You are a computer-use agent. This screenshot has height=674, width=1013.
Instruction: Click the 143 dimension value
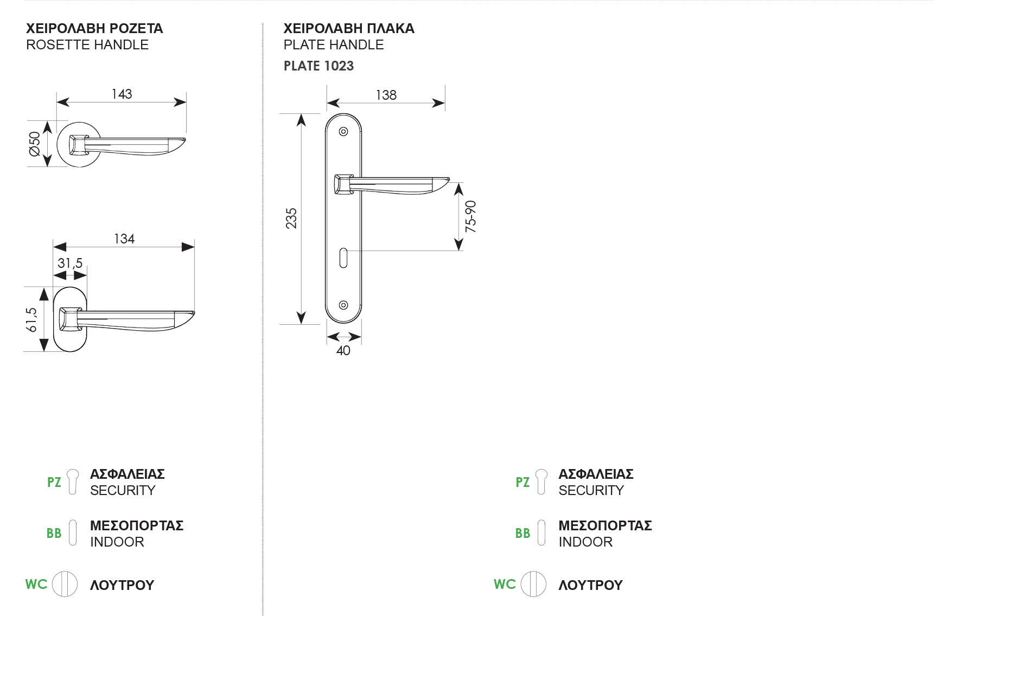[x=122, y=94]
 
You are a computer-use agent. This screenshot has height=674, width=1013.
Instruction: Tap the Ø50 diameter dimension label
[x=35, y=143]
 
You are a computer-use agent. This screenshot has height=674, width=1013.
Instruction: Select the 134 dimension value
[x=124, y=239]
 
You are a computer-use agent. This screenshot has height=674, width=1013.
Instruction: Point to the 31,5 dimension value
[x=70, y=264]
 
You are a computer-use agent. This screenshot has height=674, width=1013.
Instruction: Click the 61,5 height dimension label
[x=31, y=320]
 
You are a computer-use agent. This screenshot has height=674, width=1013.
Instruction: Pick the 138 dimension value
[x=386, y=95]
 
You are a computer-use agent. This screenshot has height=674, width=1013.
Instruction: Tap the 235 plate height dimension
[x=291, y=218]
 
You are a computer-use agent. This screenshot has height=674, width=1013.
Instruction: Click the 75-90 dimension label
[x=470, y=217]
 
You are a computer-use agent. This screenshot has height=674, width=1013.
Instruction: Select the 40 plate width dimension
[x=343, y=351]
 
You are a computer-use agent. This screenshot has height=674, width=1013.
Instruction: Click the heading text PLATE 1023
[x=318, y=66]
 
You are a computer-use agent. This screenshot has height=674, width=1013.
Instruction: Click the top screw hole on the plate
[x=343, y=131]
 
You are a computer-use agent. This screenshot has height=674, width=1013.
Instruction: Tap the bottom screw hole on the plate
[x=343, y=305]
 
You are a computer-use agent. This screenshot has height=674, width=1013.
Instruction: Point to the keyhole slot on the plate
[x=343, y=258]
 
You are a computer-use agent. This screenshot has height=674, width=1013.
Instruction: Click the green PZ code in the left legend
[x=54, y=482]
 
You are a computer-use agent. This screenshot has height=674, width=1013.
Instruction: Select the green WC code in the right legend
[x=505, y=585]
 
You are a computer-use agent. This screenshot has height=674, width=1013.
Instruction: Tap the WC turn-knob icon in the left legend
[x=65, y=584]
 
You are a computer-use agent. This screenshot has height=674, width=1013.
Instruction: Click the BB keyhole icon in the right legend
[x=541, y=532]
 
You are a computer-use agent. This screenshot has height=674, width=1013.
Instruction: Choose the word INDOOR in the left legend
[x=117, y=542]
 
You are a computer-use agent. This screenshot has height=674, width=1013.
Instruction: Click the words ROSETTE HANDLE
[x=87, y=45]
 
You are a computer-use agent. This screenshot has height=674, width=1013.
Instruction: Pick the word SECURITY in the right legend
[x=591, y=491]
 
